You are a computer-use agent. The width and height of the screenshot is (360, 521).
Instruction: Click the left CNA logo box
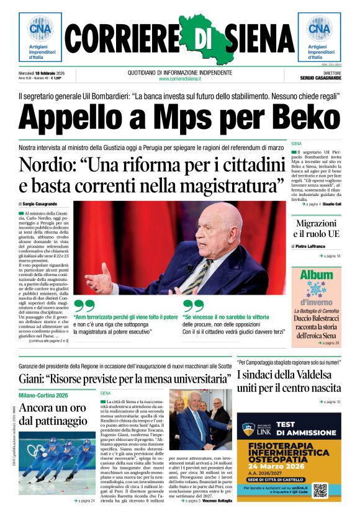coord(40,37)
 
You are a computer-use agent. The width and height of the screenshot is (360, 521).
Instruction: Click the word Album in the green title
coord(317,274)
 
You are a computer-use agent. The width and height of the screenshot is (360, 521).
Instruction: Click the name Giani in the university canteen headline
coord(34,378)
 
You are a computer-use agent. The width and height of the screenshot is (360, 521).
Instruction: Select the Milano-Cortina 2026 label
coord(43,395)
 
